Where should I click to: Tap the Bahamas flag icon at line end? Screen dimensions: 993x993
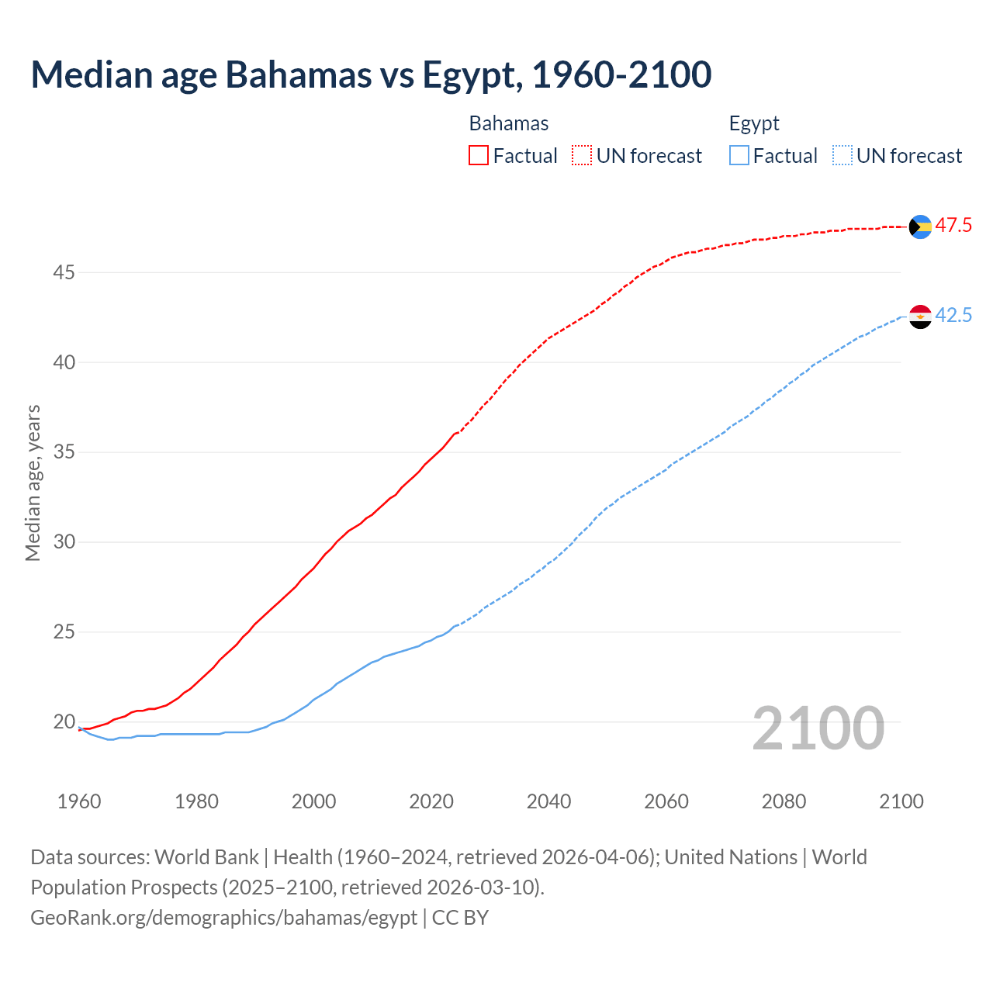click(920, 227)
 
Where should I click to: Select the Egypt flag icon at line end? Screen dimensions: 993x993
click(920, 317)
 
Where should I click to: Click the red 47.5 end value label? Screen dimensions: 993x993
click(953, 226)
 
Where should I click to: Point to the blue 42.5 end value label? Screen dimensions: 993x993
click(953, 316)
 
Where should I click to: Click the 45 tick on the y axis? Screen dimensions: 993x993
click(64, 273)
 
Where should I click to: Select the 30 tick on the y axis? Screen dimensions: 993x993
click(64, 542)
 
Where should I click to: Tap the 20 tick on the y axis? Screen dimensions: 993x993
click(64, 722)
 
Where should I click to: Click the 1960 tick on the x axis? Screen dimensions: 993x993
click(79, 801)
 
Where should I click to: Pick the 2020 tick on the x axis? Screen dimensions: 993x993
click(431, 801)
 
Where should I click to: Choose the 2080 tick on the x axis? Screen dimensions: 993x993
click(784, 801)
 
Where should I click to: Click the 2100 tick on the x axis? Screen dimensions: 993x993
click(901, 801)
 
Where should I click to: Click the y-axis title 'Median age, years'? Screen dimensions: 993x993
click(33, 483)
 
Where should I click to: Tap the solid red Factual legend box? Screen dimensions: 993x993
click(479, 156)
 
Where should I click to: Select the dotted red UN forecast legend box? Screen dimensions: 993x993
click(582, 156)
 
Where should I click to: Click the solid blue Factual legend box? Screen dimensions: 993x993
click(739, 156)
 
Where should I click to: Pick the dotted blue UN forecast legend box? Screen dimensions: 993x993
click(842, 156)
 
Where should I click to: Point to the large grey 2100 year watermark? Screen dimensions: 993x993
click(818, 728)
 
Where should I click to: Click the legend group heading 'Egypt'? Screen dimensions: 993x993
click(754, 124)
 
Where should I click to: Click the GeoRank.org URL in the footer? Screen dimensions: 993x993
click(224, 918)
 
